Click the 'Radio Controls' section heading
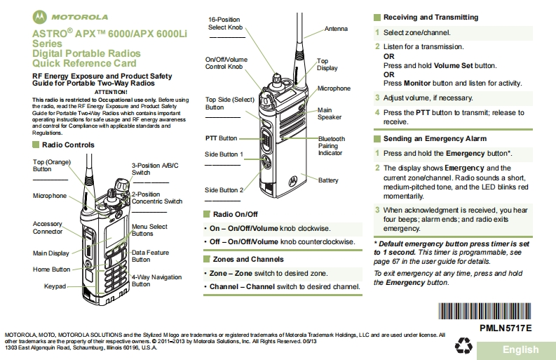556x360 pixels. pyautogui.click(x=68, y=145)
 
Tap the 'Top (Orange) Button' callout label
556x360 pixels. pyautogui.click(x=52, y=165)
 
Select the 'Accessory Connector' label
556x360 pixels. pyautogui.click(x=48, y=227)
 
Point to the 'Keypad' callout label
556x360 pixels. pyautogui.click(x=55, y=286)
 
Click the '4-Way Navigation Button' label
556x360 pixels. pyautogui.click(x=156, y=281)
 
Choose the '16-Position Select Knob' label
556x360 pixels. pyautogui.click(x=226, y=23)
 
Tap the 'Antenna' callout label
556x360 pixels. pyautogui.click(x=335, y=29)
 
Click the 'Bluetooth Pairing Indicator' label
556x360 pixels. pyautogui.click(x=332, y=146)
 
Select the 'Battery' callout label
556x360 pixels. pyautogui.click(x=328, y=180)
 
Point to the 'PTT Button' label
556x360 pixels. pyautogui.click(x=221, y=138)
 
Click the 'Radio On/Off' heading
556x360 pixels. pyautogui.click(x=236, y=214)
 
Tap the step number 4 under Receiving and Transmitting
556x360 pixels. pyautogui.click(x=377, y=112)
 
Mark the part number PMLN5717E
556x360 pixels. pyautogui.click(x=506, y=328)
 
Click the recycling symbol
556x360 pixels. pyautogui.click(x=464, y=345)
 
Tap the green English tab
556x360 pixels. pyautogui.click(x=520, y=349)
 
